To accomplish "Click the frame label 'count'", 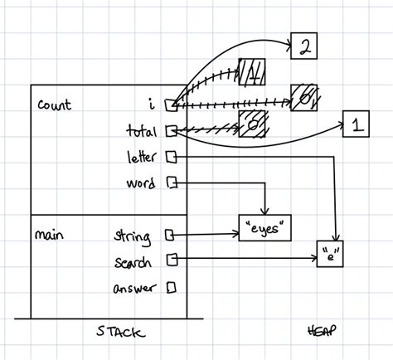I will point(55,105).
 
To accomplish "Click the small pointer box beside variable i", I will point(170,105).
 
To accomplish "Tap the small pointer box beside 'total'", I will point(170,130).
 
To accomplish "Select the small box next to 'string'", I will point(170,235).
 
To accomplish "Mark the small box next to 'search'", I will point(172,260).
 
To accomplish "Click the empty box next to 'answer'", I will point(172,288).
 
